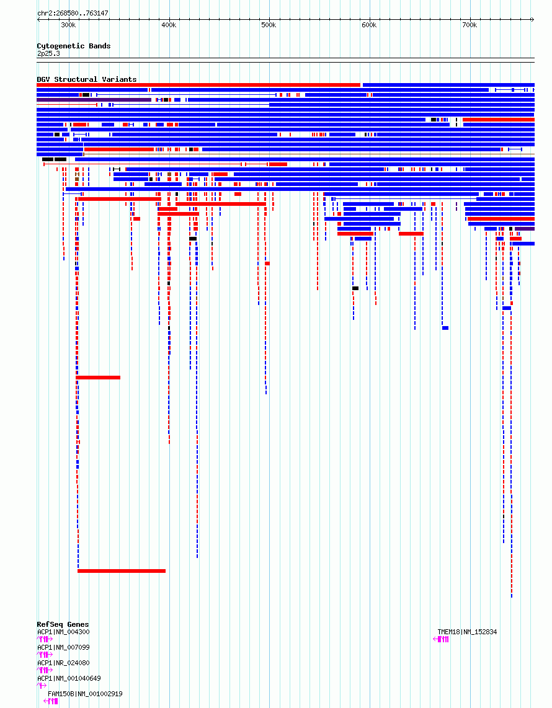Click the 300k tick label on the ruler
pos(68,25)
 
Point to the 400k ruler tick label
pos(169,25)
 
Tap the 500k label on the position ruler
pos(269,25)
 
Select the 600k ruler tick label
pos(369,25)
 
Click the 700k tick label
pos(470,25)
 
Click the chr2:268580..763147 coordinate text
pos(73,13)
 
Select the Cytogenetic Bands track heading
pos(73,46)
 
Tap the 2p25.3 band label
pos(48,53)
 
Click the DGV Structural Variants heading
pos(86,79)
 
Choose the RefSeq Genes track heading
pos(63,624)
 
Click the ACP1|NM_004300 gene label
pos(63,632)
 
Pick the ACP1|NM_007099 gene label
pos(63,647)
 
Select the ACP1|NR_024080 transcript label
pos(63,663)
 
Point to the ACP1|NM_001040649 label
pos(69,678)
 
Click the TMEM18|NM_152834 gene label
pos(467,632)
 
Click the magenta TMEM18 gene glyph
pos(441,639)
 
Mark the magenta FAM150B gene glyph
pos(51,701)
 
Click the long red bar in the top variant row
pos(198,85)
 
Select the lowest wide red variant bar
pos(122,570)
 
